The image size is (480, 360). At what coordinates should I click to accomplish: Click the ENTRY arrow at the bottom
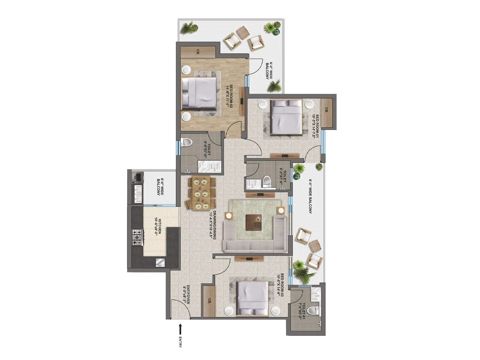[180, 329]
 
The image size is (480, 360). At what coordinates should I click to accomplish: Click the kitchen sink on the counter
[159, 262]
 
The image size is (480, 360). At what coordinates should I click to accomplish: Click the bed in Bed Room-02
[199, 93]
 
